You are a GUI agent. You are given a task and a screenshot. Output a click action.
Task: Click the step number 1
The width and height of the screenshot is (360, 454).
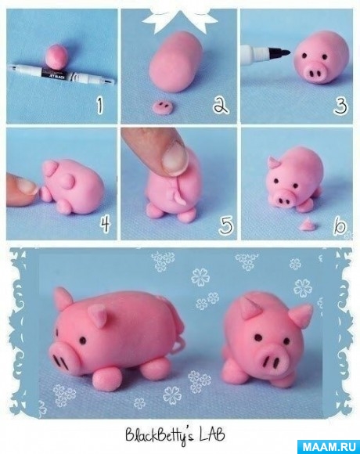[x=100, y=106]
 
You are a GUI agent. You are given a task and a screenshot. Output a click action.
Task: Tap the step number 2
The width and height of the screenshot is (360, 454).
[x=221, y=105]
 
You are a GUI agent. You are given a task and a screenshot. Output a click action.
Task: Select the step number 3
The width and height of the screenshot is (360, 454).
[x=340, y=106]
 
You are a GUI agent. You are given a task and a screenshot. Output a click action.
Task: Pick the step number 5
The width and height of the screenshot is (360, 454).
[x=226, y=225]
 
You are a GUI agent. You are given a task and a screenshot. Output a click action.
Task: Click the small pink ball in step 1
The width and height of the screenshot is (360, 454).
[x=56, y=56]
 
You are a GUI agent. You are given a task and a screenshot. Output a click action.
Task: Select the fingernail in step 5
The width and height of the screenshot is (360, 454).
[x=174, y=158]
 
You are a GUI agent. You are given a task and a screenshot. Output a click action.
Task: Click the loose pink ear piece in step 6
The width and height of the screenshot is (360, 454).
[x=307, y=225]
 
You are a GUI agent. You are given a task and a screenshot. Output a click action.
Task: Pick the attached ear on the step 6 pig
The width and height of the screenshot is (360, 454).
[x=274, y=164]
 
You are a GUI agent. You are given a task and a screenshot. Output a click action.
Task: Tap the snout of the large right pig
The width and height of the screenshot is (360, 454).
[x=272, y=362]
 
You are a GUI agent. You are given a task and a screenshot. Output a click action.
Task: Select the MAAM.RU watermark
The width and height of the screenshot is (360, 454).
[x=329, y=447]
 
